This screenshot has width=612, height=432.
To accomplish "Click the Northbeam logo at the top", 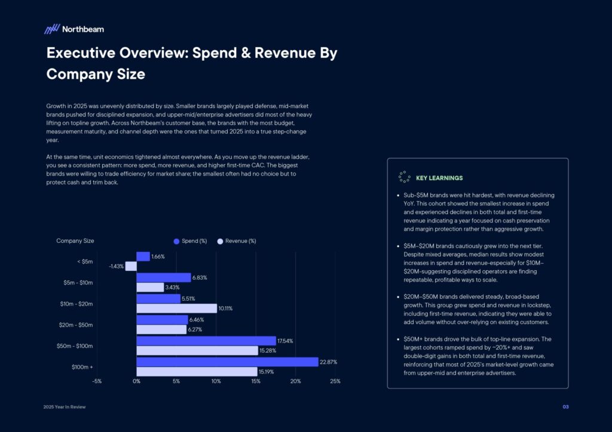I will pos(74,29).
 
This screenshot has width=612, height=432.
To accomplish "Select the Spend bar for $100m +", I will pos(227,362).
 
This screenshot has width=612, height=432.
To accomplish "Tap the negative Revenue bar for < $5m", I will pos(131,266).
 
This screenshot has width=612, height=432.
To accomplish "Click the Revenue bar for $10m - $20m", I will pos(176,308).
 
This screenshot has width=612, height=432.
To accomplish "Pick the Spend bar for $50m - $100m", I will pos(206,341).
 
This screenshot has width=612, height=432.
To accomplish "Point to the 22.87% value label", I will pos(330,362).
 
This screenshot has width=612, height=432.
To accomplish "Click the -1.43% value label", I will pos(116,267).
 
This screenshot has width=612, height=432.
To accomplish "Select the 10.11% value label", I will pos(226,308).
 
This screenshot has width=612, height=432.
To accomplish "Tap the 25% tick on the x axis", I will pos(335,381).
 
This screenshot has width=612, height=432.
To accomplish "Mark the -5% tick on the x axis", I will pos(97,381).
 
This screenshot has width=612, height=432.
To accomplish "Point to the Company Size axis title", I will pos(75,241).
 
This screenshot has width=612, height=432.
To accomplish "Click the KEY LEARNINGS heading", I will pos(439,178).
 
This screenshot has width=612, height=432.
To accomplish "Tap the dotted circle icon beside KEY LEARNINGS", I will pos(403,177).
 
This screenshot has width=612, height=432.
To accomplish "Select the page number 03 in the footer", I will pos(565,407).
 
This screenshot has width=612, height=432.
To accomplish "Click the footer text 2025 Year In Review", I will pos(66,407).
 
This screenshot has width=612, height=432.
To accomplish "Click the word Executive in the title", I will pos(82,53).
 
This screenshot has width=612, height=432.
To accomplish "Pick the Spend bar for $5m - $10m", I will pos(164,277).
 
